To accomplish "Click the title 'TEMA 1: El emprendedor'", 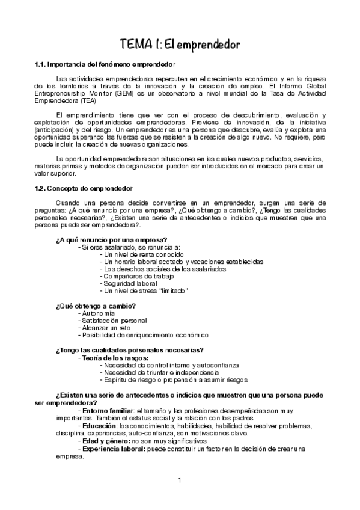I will click(x=180, y=45).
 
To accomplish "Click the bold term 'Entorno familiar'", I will click(x=106, y=410).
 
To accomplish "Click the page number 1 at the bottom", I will click(x=179, y=480).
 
